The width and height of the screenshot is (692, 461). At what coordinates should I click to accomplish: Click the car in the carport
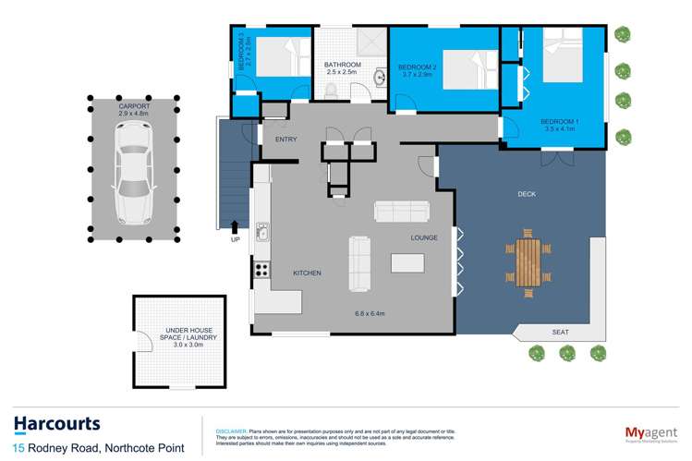click(134, 172)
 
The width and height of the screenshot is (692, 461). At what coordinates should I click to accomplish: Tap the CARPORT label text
click(134, 107)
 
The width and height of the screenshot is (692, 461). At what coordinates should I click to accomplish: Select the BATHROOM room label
click(341, 65)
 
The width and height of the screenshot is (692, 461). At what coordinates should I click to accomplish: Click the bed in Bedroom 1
click(570, 61)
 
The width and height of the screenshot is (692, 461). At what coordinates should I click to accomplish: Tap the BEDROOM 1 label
click(558, 122)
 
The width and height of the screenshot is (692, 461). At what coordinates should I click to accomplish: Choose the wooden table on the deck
click(529, 261)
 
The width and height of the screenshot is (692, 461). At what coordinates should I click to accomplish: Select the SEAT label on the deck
click(560, 332)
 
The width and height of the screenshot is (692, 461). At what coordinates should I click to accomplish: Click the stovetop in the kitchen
click(261, 270)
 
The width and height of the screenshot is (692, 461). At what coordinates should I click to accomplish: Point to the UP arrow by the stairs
click(234, 226)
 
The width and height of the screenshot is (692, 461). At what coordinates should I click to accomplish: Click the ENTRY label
click(285, 139)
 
